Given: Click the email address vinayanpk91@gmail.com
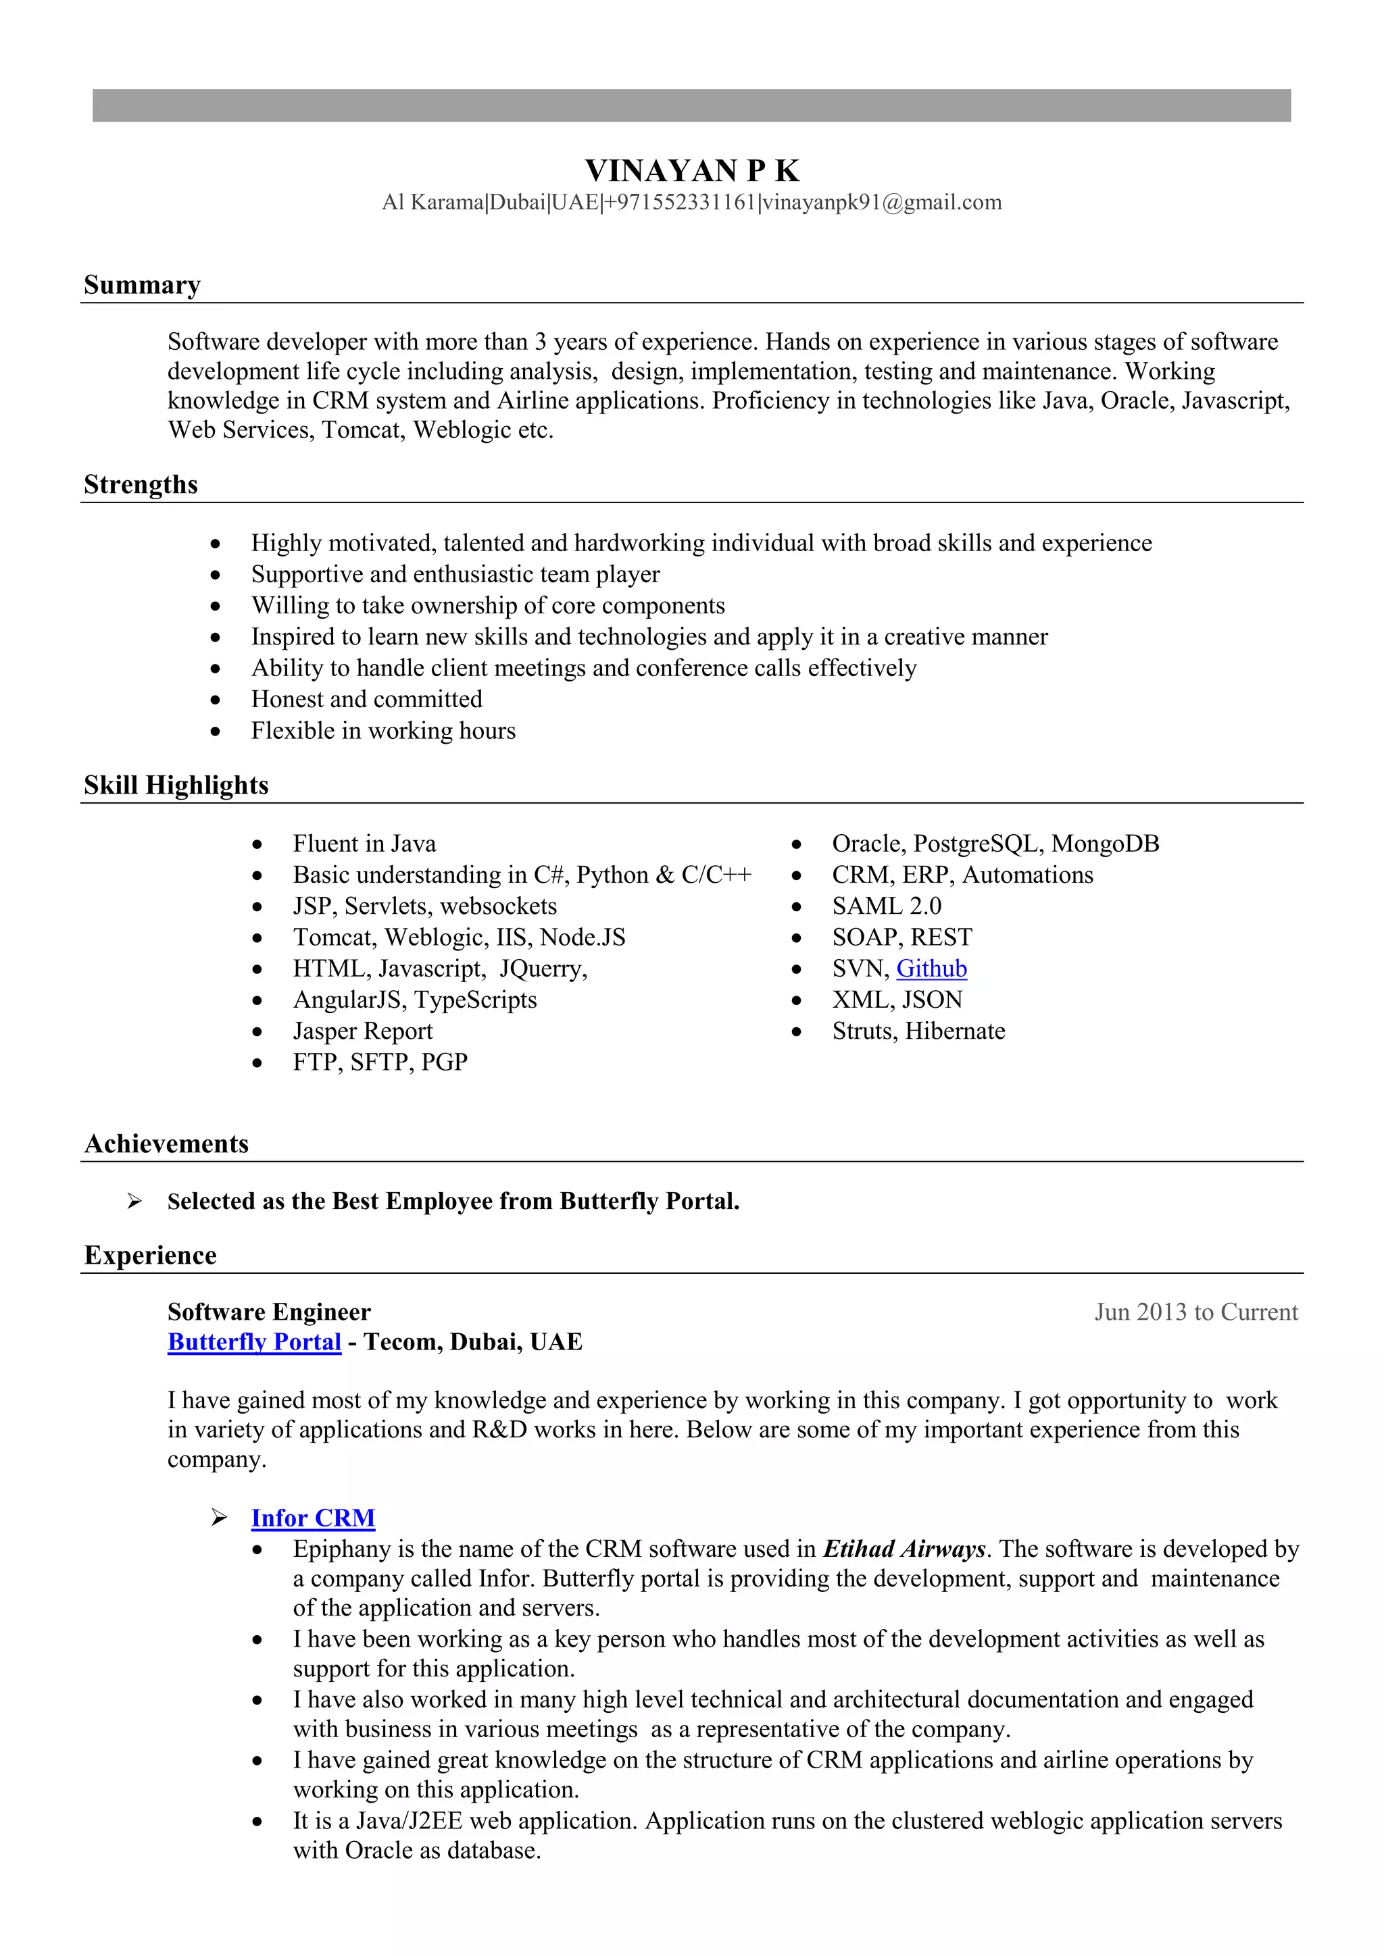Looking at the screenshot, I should click(882, 203).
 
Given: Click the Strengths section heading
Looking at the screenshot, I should click(141, 485).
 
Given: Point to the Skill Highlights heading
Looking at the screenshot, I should click(176, 785).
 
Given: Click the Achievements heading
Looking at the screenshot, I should click(166, 1143).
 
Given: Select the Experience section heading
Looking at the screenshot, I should click(150, 1255).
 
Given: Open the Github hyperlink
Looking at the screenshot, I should click(931, 969).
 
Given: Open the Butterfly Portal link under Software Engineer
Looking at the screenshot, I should click(254, 1342).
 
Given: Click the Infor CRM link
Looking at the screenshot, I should click(313, 1518).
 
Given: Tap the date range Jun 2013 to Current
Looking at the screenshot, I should click(1195, 1312).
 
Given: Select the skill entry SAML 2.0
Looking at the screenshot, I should click(887, 906).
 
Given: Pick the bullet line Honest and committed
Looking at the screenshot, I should click(366, 700).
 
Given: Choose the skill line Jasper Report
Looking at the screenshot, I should click(362, 1031).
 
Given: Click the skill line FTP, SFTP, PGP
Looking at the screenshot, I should click(380, 1062).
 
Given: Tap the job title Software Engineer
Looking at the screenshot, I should click(268, 1312).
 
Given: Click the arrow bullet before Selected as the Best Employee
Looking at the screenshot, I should click(134, 1201).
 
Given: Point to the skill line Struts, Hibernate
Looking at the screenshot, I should click(918, 1031).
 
